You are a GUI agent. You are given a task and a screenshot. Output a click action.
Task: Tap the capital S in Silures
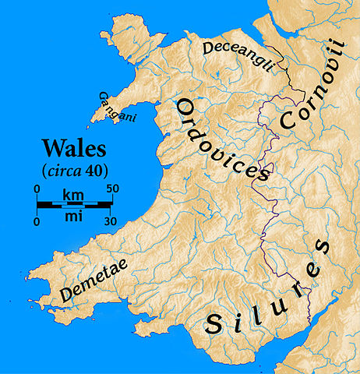click(x=213, y=325)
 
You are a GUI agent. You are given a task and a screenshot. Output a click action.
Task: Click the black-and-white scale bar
click(x=76, y=204)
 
